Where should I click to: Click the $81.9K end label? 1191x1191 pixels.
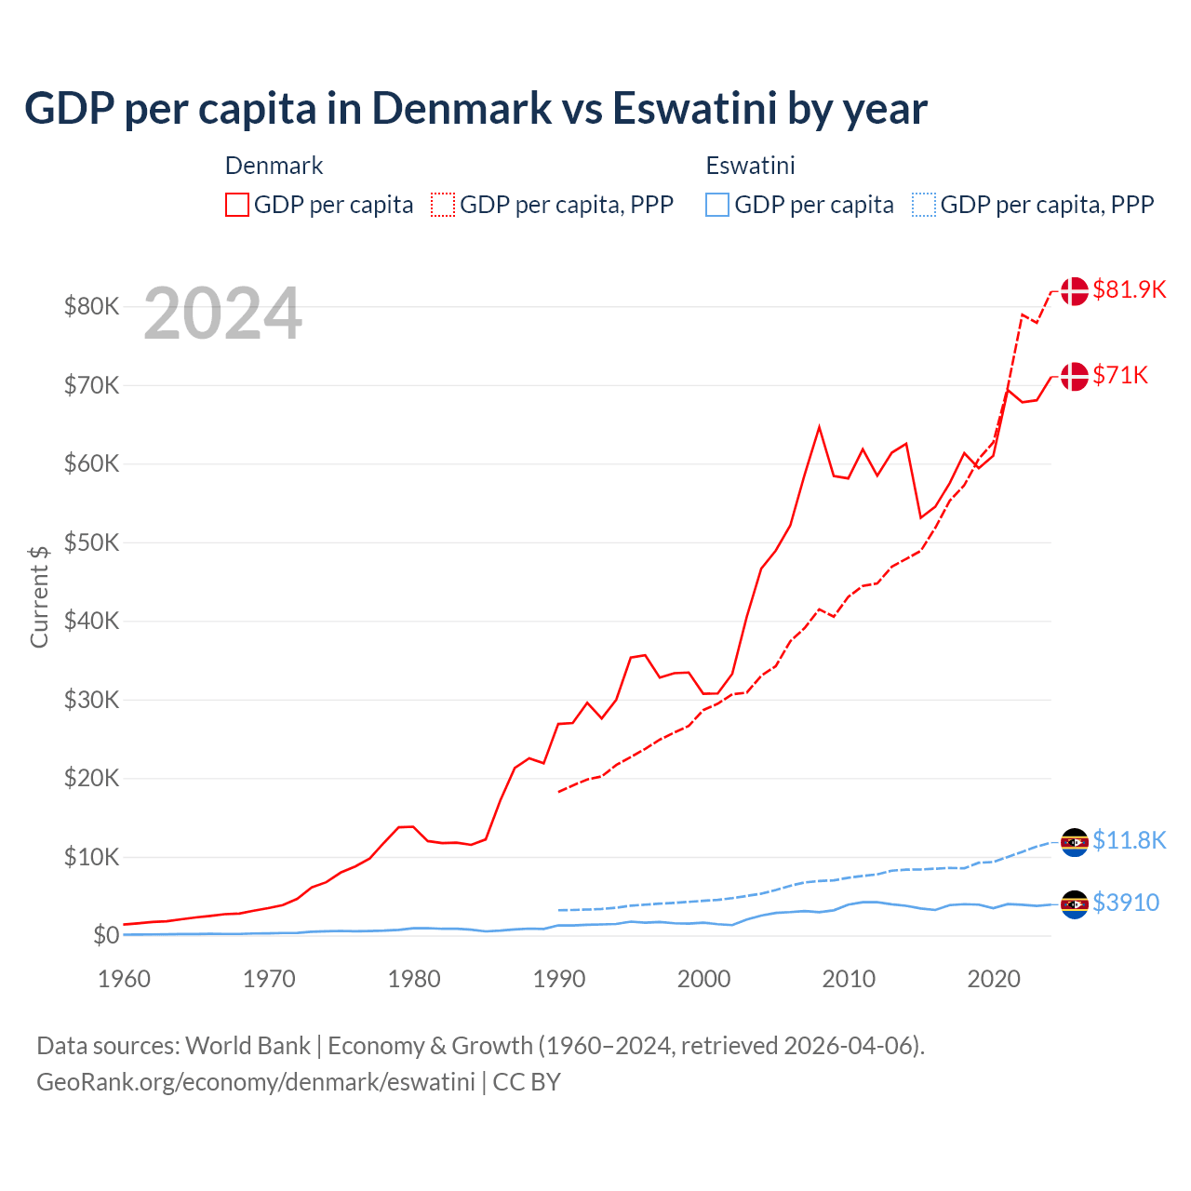pos(1129,290)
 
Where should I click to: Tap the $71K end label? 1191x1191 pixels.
pos(1120,376)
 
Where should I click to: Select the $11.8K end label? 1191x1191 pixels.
pos(1129,841)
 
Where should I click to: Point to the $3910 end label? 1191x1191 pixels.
pos(1126,903)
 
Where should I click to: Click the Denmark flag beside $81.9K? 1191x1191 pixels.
pos(1075,290)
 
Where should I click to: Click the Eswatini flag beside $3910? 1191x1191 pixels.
pos(1075,903)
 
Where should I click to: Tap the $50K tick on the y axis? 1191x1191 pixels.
pos(91,542)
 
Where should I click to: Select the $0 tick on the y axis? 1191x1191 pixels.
pos(106,936)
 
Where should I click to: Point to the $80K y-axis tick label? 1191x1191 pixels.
pos(91,306)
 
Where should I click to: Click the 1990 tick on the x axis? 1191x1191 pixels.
pos(559,979)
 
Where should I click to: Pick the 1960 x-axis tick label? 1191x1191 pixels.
pos(124,979)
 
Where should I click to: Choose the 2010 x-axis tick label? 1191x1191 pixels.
pos(849,979)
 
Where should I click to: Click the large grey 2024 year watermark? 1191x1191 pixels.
pos(222,314)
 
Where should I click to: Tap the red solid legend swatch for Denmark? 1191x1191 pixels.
pos(237,205)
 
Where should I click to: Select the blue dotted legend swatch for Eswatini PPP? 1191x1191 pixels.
pos(924,205)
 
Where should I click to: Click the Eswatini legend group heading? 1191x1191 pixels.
pos(750,166)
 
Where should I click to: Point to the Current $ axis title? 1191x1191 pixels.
pos(39,596)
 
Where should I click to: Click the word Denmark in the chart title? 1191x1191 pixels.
pos(462,108)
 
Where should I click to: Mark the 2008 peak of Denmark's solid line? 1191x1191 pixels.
pos(819,427)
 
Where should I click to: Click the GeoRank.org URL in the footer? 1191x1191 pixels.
pos(256,1082)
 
